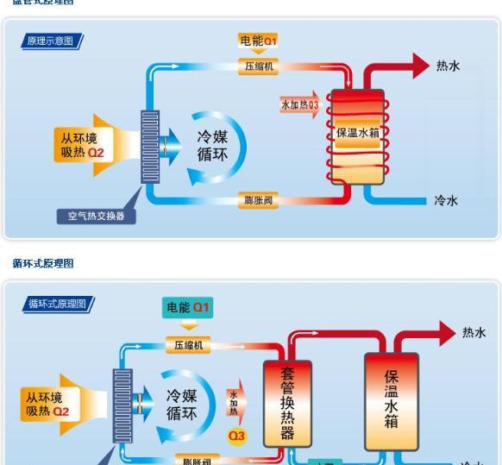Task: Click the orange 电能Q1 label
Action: coord(258,41)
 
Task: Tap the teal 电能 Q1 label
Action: coord(188,308)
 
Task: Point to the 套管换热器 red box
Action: coord(287,403)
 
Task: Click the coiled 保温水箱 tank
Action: coord(358,133)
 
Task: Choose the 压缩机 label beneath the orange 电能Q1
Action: coord(258,66)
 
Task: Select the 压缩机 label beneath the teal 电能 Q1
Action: coord(188,345)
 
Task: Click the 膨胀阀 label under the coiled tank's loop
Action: coord(258,201)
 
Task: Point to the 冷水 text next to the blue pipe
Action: coord(446,201)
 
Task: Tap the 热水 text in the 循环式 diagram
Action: coord(474,333)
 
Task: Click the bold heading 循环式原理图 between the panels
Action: coord(43,263)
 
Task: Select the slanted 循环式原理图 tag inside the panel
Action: coord(58,304)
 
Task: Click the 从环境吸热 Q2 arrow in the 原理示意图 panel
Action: coord(86,145)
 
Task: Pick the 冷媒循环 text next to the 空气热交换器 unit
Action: coord(212,145)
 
